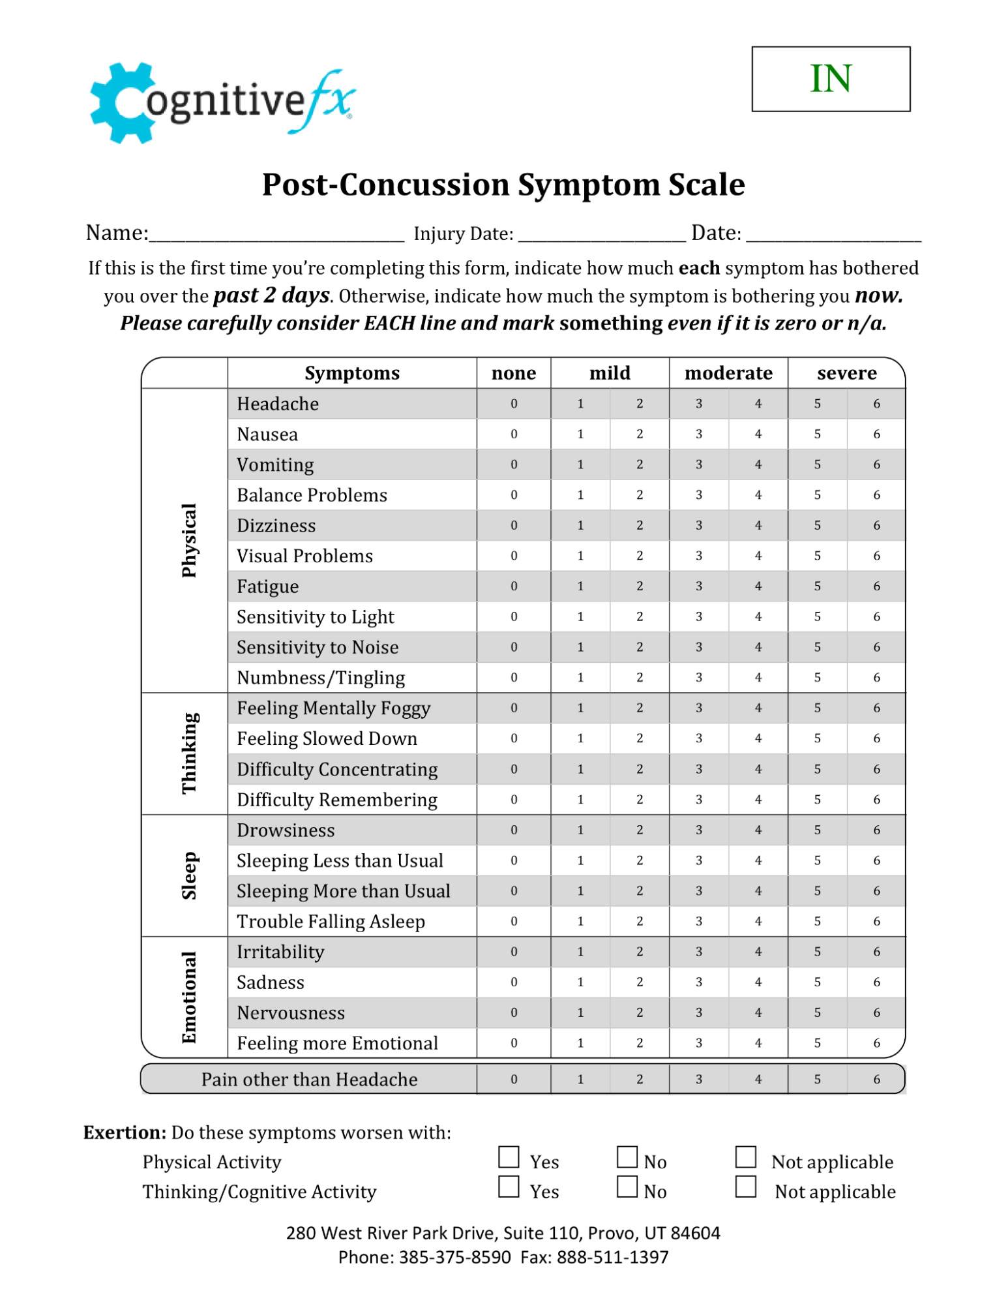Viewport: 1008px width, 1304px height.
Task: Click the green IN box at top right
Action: tap(830, 79)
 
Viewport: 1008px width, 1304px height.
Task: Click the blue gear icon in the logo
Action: tap(121, 103)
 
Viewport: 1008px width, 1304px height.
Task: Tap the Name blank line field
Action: tap(276, 235)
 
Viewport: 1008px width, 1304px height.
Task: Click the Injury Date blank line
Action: tap(601, 235)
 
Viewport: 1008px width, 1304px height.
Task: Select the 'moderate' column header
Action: tap(728, 373)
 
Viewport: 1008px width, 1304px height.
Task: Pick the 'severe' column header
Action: tap(846, 373)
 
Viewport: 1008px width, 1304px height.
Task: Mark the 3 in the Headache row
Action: tap(698, 404)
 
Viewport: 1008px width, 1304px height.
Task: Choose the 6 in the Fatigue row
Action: tap(876, 586)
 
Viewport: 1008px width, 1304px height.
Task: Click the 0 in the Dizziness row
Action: tap(514, 525)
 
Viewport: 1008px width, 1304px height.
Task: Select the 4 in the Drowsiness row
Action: tap(758, 830)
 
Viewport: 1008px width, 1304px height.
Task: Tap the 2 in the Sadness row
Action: tap(639, 982)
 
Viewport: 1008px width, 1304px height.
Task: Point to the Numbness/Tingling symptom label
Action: tap(321, 678)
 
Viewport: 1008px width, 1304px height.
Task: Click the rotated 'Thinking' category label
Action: tap(188, 753)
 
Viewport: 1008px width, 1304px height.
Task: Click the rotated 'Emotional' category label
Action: tap(188, 997)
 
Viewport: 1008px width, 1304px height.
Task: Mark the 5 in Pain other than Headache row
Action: tap(817, 1080)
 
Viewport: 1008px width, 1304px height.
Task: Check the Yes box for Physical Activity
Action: tap(509, 1157)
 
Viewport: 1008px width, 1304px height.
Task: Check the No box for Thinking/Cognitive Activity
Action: tap(627, 1187)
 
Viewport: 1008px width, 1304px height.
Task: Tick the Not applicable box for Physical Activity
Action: tap(745, 1157)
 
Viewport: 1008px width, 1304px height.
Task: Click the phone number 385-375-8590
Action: tap(454, 1257)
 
